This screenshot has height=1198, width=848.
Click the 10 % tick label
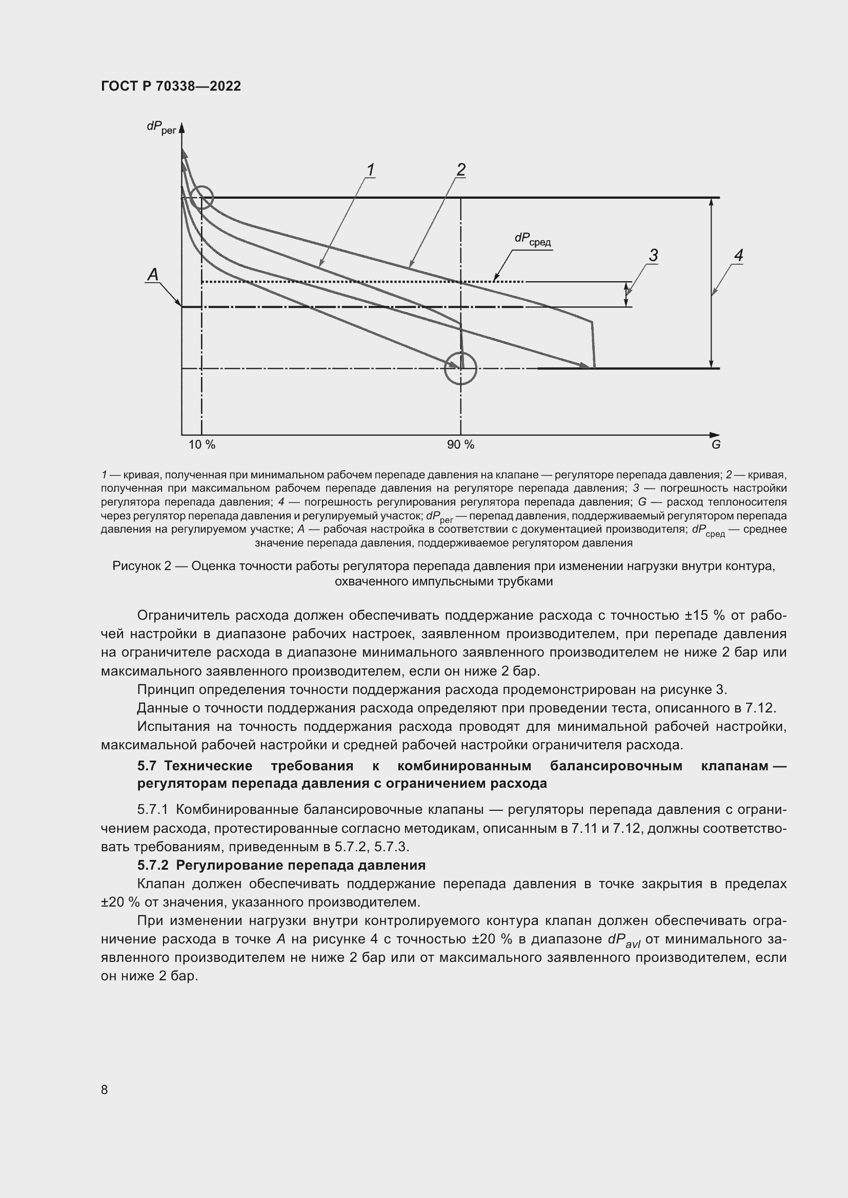click(201, 445)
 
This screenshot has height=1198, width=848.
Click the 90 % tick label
click(460, 445)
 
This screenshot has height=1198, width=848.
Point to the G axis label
click(716, 445)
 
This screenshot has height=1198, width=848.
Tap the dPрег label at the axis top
click(161, 127)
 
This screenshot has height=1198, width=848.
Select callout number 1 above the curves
click(370, 170)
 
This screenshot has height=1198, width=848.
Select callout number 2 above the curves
click(460, 170)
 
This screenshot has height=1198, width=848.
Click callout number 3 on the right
click(653, 255)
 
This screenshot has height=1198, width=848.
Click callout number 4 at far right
click(738, 255)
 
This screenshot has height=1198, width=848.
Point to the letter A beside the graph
click(153, 275)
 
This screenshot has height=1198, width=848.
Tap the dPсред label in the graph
click(532, 239)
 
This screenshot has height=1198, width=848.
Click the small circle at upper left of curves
click(201, 198)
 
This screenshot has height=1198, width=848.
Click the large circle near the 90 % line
click(460, 368)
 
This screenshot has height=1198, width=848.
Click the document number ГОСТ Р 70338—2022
click(171, 86)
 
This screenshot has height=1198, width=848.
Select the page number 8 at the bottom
click(105, 1089)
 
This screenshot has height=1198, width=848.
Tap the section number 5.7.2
click(152, 865)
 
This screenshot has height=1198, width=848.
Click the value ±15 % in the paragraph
click(705, 615)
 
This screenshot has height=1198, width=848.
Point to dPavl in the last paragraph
click(624, 940)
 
